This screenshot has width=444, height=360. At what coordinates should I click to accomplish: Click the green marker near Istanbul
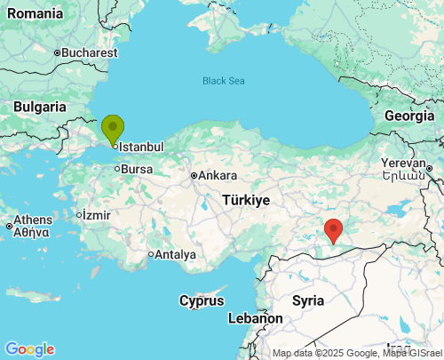click(112, 128)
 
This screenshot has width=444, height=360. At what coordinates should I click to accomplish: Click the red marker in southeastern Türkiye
click(334, 229)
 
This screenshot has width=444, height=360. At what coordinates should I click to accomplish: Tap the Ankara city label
click(217, 175)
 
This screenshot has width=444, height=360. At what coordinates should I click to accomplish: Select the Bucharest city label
click(90, 52)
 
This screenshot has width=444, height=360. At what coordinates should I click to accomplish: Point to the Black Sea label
click(222, 81)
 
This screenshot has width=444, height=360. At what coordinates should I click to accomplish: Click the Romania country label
click(32, 13)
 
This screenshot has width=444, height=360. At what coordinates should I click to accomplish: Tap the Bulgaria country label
click(40, 107)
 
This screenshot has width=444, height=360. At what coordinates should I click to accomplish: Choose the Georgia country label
click(408, 116)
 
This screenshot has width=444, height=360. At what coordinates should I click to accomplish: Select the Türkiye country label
click(246, 200)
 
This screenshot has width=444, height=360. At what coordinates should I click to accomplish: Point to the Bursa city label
click(137, 168)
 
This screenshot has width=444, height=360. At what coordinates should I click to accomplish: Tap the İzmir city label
click(96, 214)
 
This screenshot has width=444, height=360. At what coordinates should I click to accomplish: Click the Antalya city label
click(174, 254)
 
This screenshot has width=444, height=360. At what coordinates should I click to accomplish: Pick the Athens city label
click(33, 220)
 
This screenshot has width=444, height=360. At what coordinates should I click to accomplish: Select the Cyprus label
click(202, 300)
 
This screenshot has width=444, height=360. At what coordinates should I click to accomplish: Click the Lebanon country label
click(255, 317)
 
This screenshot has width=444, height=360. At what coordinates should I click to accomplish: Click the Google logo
click(29, 349)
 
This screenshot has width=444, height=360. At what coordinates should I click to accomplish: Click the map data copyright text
click(355, 353)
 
